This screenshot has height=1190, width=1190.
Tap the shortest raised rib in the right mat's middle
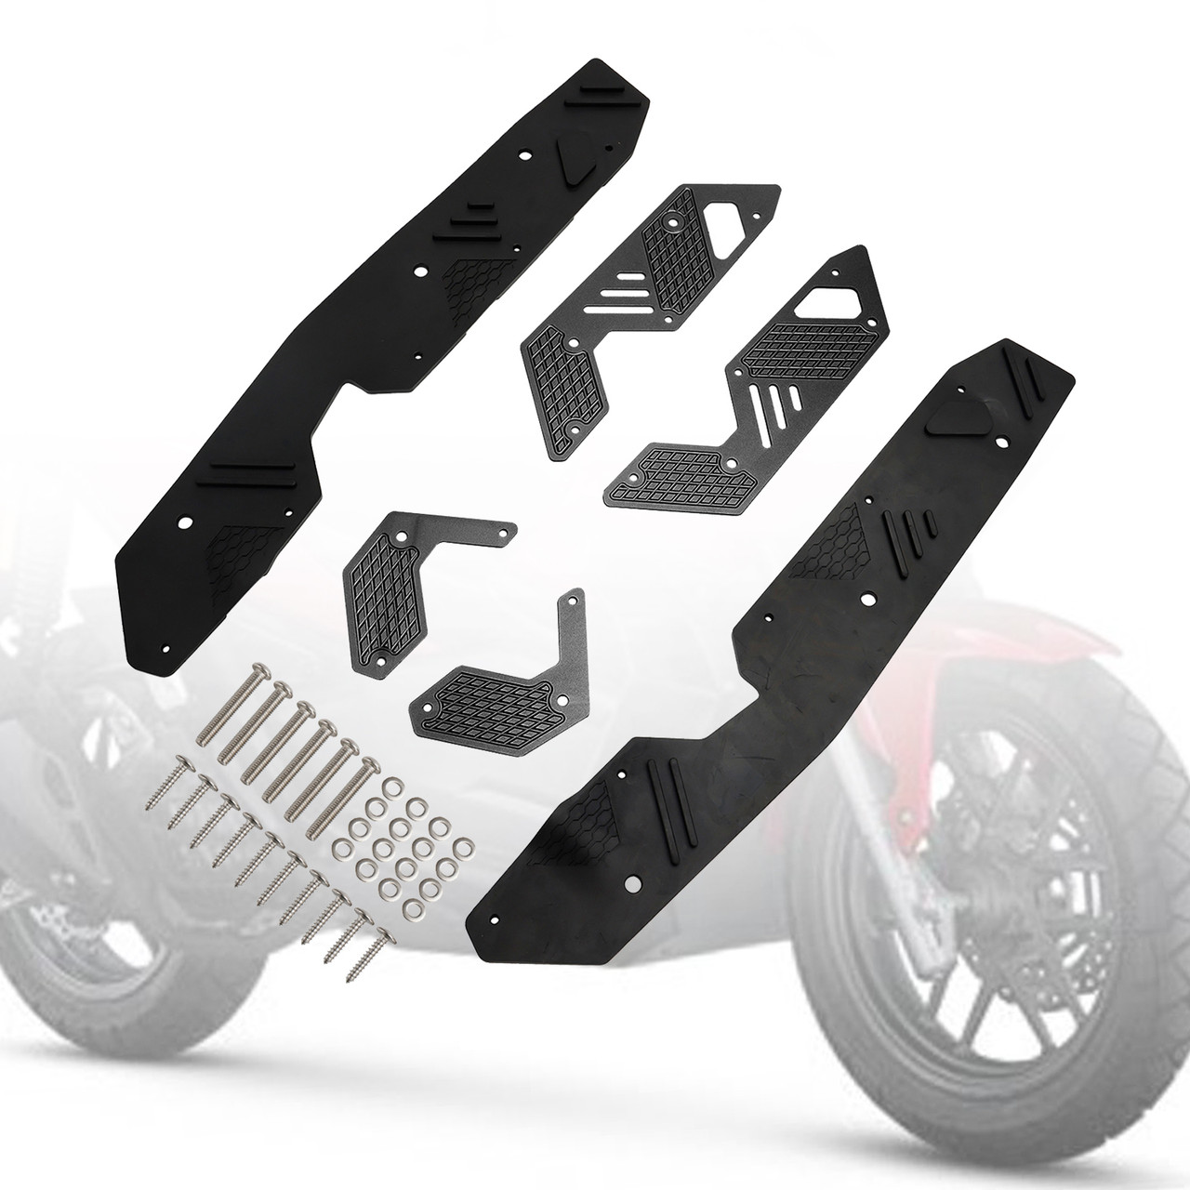[x=931, y=518]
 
